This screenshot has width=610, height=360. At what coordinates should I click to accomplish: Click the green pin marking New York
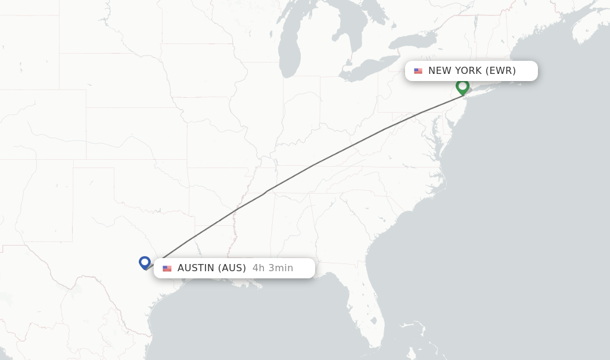pos(462,86)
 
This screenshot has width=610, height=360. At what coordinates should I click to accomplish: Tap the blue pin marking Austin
pos(145,262)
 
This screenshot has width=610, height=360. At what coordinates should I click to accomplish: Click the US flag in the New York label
pos(418,71)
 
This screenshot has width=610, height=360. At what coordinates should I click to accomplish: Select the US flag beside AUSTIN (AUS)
pos(167,268)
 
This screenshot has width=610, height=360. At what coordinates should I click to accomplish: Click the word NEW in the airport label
pos(440,71)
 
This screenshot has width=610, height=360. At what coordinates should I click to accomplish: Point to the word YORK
pos(469,71)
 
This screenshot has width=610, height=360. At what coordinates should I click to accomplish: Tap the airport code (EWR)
pos(500,71)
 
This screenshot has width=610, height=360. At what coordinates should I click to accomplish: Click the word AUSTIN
pos(195,268)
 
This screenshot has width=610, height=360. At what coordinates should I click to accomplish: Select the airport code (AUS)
pos(231,268)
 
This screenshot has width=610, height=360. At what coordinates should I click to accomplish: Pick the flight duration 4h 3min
pos(273,268)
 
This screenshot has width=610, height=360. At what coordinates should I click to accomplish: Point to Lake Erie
pos(366,69)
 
